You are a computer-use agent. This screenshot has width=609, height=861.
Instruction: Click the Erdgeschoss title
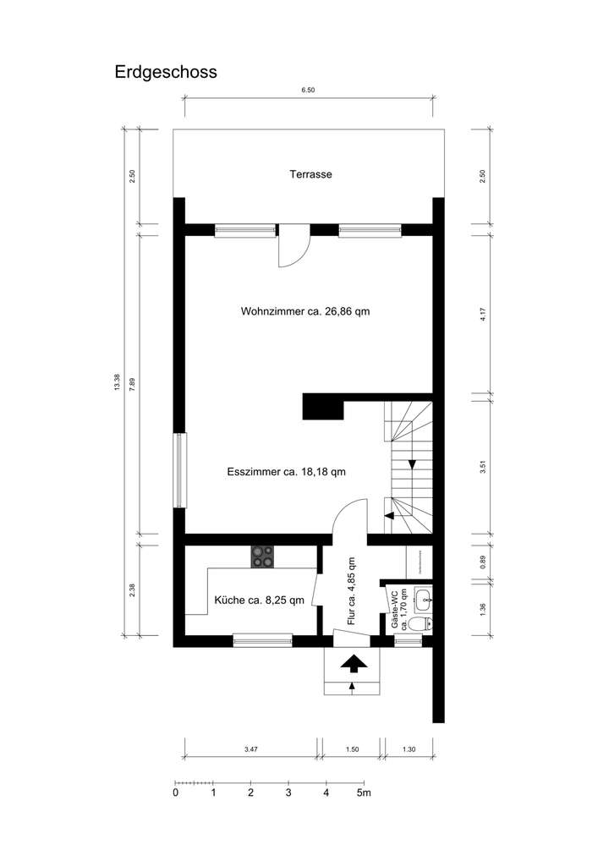pos(166,72)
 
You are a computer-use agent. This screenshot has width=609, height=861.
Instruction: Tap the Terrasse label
pos(310,175)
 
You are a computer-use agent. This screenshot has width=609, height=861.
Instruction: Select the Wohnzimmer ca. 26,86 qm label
pos(305,311)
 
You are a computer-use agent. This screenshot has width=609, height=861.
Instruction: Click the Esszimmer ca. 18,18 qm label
pos(287,472)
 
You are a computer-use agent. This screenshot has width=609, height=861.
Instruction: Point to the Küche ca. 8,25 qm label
pos(260,601)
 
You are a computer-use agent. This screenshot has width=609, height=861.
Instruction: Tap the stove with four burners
pos(263,557)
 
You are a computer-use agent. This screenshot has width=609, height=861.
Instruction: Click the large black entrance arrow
pos(354,664)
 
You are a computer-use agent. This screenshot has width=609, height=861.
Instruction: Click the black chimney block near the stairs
pos(323,407)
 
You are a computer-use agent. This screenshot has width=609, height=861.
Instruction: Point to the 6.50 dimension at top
pos(308,90)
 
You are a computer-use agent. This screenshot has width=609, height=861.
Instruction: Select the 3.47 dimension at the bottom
pos(251,749)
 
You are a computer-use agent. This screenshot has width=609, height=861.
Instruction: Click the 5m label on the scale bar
pos(364,793)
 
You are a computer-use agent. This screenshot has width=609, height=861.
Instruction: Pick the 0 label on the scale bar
pos(175,793)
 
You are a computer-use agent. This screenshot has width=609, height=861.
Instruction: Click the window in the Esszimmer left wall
pos(178,471)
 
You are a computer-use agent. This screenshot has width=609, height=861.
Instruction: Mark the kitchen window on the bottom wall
pos(262,640)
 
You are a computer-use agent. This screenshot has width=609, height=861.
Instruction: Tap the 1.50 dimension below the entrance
pos(353,749)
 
